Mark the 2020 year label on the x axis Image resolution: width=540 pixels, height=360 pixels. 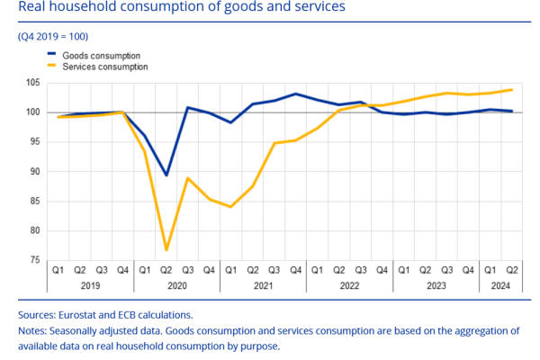click(x=176, y=285)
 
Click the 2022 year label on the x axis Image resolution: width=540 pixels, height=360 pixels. click(x=349, y=285)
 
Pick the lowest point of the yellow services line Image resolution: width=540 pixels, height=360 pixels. click(x=166, y=249)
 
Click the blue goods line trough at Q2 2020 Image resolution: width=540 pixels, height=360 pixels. click(x=166, y=175)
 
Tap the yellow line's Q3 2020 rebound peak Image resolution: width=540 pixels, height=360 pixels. click(x=187, y=178)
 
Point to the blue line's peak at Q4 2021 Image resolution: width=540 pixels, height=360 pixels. click(x=296, y=94)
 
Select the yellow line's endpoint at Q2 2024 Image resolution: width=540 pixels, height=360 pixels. click(x=512, y=89)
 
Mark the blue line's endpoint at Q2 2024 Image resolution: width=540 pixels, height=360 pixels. click(x=512, y=112)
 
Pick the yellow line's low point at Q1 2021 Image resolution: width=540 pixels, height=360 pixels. click(x=231, y=207)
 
